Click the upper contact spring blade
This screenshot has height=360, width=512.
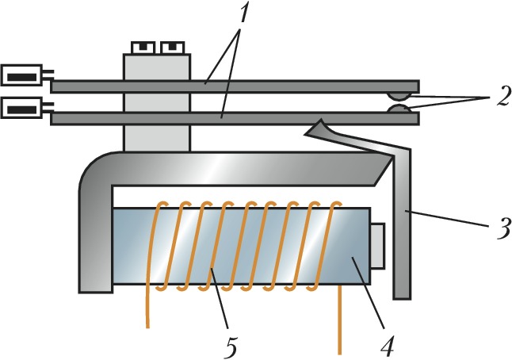point(317,85)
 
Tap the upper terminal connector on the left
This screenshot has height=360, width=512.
point(25,76)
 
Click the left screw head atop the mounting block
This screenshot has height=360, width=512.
point(142,48)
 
